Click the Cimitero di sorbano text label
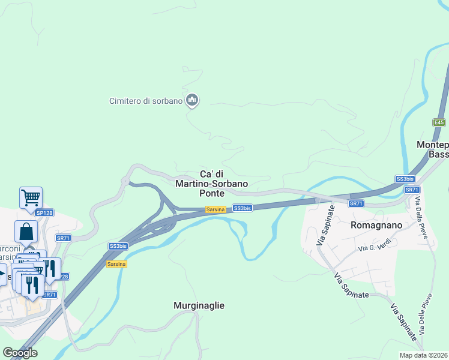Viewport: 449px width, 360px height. tap(145, 101)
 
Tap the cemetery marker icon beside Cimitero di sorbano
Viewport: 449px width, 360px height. tap(192, 100)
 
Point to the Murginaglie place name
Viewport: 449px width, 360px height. tap(199, 305)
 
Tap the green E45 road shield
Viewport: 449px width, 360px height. tap(439, 122)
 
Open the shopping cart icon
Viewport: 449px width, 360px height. tap(31, 197)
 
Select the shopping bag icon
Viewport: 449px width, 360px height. tap(26, 231)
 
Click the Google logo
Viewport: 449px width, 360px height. tap(20, 353)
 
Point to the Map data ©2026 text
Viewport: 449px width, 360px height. tap(424, 355)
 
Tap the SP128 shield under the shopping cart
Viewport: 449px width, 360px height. tap(44, 213)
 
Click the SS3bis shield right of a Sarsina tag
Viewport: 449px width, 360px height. tap(242, 208)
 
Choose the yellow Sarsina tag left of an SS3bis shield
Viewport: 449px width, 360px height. tap(215, 209)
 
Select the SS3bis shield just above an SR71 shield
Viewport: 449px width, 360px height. tap(405, 179)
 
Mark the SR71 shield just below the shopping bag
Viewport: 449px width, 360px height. tap(63, 238)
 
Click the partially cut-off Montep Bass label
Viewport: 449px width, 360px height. tap(433, 149)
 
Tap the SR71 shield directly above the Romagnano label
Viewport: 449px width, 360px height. tap(357, 204)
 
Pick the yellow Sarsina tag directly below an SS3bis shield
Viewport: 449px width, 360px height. tap(116, 264)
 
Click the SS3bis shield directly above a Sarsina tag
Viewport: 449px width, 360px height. tap(118, 246)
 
